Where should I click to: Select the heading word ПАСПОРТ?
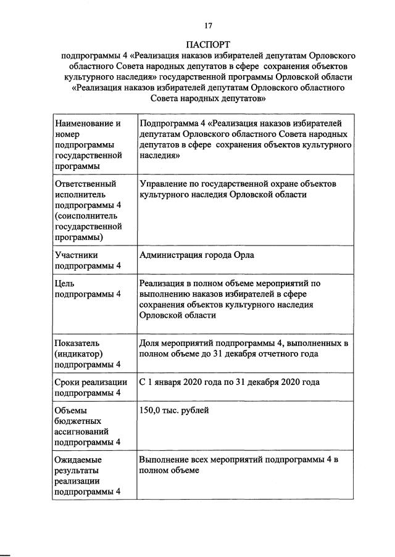pyautogui.click(x=208, y=44)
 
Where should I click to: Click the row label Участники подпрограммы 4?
pyautogui.click(x=87, y=260)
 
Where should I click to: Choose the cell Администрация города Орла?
pyautogui.click(x=197, y=255)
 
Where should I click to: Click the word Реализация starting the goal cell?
pyautogui.click(x=164, y=283)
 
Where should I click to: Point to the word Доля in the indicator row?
pyautogui.click(x=151, y=343)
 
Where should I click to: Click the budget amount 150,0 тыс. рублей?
pyautogui.click(x=175, y=410)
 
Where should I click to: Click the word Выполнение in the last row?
pyautogui.click(x=165, y=460)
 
